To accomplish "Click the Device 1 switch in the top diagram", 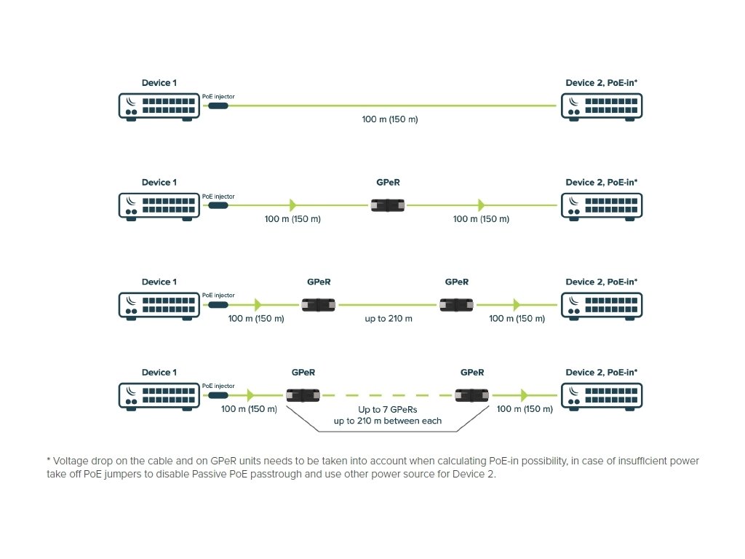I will (x=159, y=106).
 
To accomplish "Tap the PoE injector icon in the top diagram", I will (x=218, y=106).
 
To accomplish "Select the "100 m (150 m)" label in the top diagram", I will (x=390, y=119).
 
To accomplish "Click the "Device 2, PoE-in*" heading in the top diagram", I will (x=602, y=83).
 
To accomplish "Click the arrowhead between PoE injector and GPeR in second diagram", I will (x=292, y=205).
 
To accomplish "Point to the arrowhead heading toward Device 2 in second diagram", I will (x=481, y=205).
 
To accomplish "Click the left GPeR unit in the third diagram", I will (x=319, y=305).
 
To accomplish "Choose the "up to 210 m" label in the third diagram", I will (x=389, y=319).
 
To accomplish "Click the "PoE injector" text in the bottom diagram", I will (x=218, y=386).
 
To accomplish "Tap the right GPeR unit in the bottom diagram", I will (x=472, y=395).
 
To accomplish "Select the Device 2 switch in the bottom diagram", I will (x=602, y=395).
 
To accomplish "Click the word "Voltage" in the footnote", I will (x=69, y=461).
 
